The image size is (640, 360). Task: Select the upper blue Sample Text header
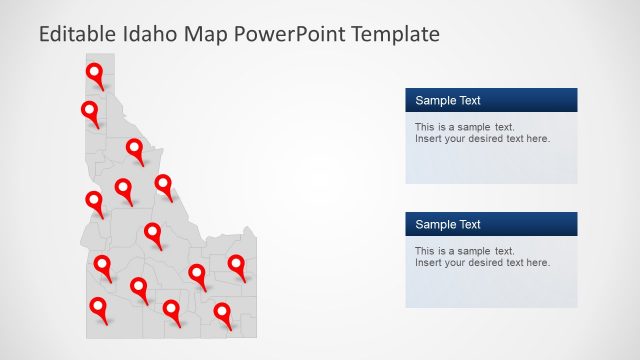pos(491,100)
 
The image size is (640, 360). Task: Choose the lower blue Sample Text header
pos(491,224)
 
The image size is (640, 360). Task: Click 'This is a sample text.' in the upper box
pos(464,127)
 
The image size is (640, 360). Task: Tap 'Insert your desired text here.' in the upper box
pos(482,139)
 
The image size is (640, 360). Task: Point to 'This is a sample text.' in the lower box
pos(464,251)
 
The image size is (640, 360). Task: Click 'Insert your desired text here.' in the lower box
pos(482,263)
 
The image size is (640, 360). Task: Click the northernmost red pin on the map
pos(94,73)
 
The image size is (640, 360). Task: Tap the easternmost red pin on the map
pos(236,264)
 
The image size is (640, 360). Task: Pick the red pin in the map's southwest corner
pos(98,307)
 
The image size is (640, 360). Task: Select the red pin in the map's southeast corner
pos(221,312)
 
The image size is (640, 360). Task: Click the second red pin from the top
pos(90,110)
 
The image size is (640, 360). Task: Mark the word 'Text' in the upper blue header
pos(469,100)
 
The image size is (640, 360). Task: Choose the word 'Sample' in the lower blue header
pos(434,224)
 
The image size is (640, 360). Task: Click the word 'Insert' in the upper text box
pos(428,139)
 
